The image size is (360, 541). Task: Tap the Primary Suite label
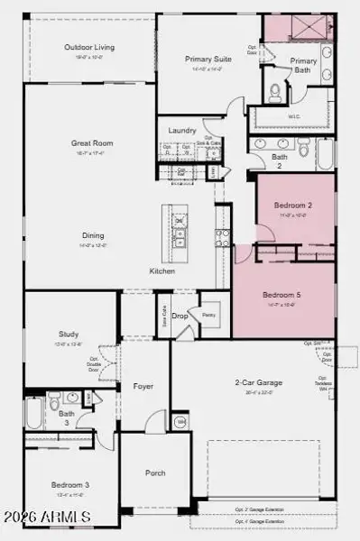pos(208,60)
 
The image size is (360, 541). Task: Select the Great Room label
pos(91,142)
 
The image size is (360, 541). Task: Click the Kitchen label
pos(162,270)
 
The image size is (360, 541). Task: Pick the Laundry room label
pos(181,131)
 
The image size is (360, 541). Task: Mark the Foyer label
pos(143,386)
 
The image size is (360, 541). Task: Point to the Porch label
pos(155,472)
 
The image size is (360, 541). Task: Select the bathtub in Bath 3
pos(33,414)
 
